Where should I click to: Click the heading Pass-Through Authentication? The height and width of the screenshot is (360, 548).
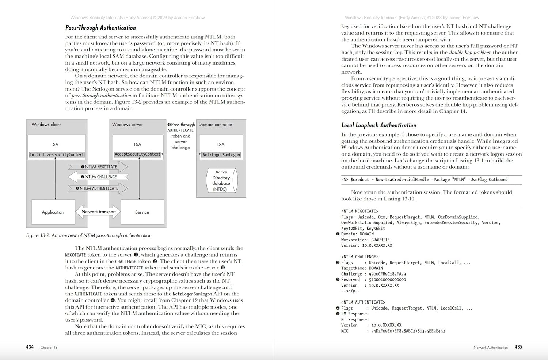(x=100, y=28)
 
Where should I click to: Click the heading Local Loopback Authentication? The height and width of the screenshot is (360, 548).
(x=378, y=125)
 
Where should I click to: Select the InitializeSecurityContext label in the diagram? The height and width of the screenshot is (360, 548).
(x=57, y=154)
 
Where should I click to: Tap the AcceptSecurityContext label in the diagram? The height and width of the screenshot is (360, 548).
(x=137, y=154)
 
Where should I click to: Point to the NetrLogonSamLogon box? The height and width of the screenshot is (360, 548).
(x=221, y=155)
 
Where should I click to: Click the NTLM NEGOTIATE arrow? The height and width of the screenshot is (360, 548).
(x=98, y=167)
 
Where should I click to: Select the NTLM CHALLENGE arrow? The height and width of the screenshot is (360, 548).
(x=98, y=177)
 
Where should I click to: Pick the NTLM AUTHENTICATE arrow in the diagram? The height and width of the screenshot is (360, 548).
(x=98, y=188)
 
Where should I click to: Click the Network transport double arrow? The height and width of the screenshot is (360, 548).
(x=98, y=212)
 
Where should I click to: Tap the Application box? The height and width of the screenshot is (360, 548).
(x=53, y=212)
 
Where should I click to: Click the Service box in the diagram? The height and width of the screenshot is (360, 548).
(x=142, y=212)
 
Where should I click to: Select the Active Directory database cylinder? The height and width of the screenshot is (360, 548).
(x=221, y=180)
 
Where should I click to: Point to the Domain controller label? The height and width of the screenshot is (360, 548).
(x=215, y=125)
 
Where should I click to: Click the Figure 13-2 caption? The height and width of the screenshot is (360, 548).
(x=89, y=235)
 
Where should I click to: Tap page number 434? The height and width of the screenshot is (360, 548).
(x=30, y=347)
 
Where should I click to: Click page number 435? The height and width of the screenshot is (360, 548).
(x=518, y=347)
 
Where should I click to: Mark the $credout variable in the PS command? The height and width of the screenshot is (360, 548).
(x=359, y=180)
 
